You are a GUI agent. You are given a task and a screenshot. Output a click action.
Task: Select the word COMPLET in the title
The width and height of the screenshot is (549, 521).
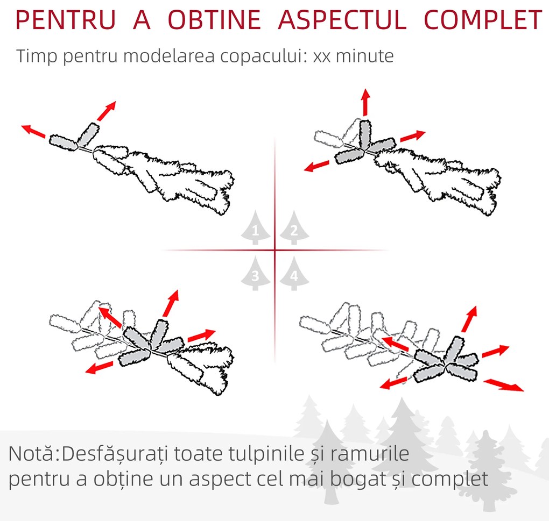[483, 20]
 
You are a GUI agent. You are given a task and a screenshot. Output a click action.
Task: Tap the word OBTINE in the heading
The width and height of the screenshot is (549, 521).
[215, 20]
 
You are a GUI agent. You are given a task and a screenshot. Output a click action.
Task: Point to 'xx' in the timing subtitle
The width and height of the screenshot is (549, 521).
[321, 56]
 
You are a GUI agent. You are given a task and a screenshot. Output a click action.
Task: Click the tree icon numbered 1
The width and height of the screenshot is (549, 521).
[256, 230]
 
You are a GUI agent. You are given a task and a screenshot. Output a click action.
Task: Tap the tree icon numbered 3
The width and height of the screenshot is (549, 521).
[256, 274]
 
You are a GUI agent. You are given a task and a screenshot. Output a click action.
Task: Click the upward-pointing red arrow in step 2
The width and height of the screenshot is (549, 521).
[365, 101]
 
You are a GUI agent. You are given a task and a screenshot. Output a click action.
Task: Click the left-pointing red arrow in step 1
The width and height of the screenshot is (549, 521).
[33, 131]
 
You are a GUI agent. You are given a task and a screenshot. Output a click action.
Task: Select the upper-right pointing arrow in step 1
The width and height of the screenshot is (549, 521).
[106, 110]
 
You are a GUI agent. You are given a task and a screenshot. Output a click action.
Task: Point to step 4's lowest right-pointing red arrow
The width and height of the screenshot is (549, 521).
[504, 385]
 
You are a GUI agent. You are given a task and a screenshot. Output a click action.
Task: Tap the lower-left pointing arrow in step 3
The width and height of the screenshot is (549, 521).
[99, 368]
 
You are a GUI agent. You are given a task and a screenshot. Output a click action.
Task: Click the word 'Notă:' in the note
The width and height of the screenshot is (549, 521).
[33, 455]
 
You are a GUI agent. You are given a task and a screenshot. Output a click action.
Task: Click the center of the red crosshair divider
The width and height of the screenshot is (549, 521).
[275, 250]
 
